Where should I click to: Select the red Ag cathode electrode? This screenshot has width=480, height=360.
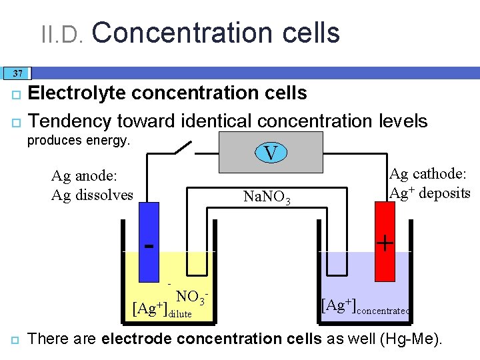tap(385, 240)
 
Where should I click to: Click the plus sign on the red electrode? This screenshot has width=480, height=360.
tap(385, 243)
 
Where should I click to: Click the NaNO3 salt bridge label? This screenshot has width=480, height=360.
tap(267, 197)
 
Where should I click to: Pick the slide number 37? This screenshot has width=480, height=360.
tap(17, 73)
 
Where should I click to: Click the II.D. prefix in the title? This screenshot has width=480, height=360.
tap(61, 33)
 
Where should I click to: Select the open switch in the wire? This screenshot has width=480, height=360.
tap(183, 148)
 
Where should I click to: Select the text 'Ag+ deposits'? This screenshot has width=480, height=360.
tap(430, 193)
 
